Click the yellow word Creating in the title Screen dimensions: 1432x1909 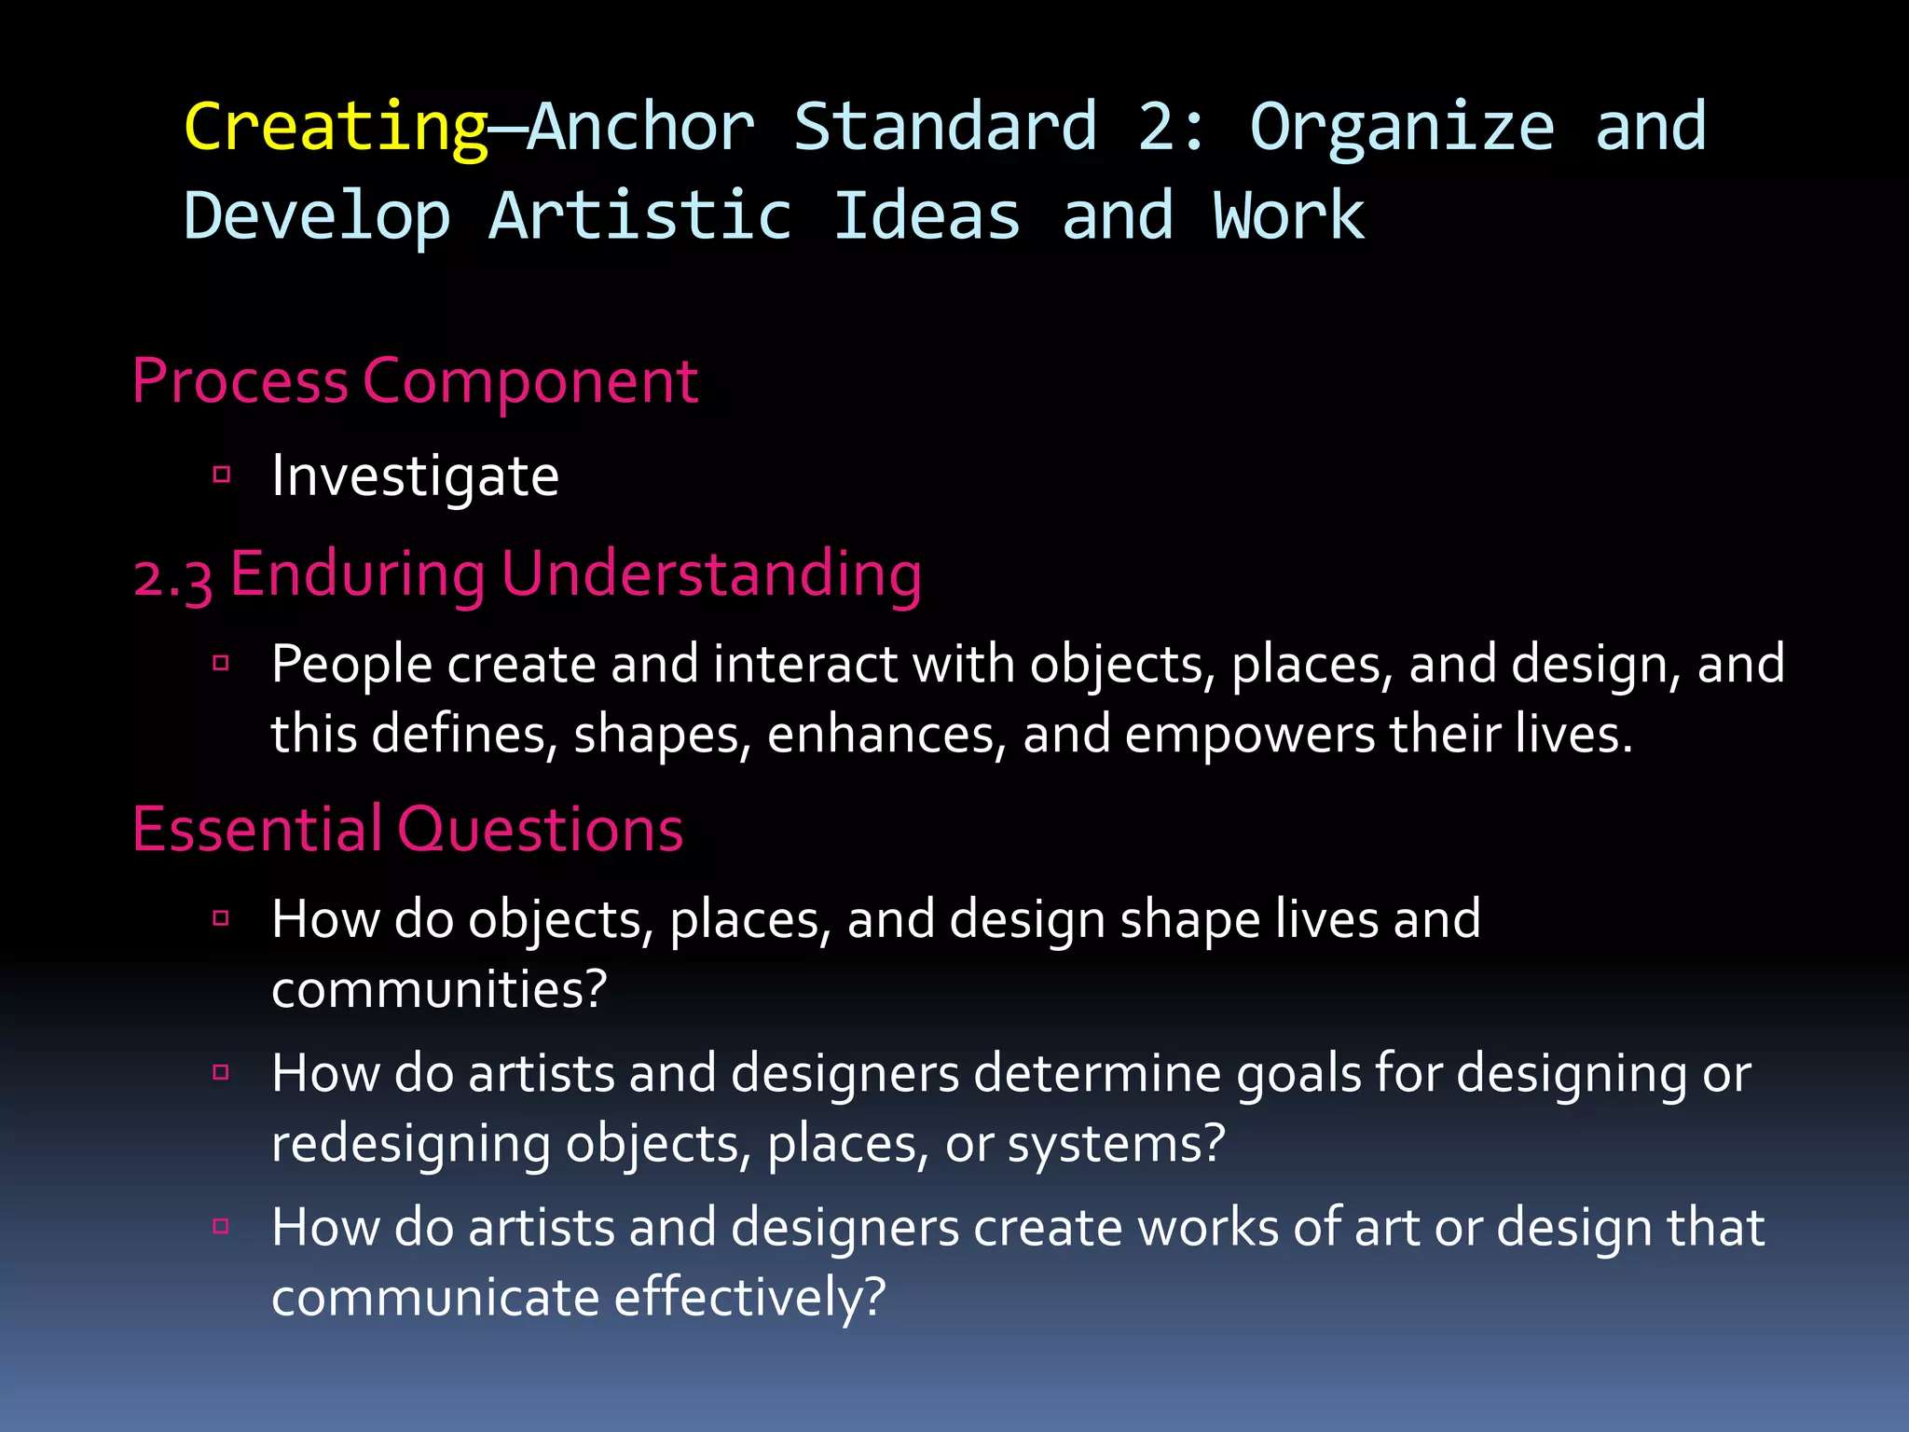pos(336,128)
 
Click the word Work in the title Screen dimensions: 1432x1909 pos(1288,216)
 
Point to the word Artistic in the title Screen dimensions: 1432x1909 pos(640,216)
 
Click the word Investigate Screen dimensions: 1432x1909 pos(415,477)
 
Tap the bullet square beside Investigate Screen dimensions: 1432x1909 pos(222,475)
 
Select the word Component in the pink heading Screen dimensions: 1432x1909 pos(529,382)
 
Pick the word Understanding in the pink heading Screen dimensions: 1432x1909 pos(711,575)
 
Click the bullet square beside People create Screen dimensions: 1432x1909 pos(222,664)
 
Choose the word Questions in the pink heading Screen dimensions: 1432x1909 pos(541,829)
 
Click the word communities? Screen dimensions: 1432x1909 pos(439,989)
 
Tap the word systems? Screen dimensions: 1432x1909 pos(1116,1145)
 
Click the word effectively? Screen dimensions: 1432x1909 pos(749,1298)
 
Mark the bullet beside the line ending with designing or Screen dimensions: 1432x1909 pos(222,1072)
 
